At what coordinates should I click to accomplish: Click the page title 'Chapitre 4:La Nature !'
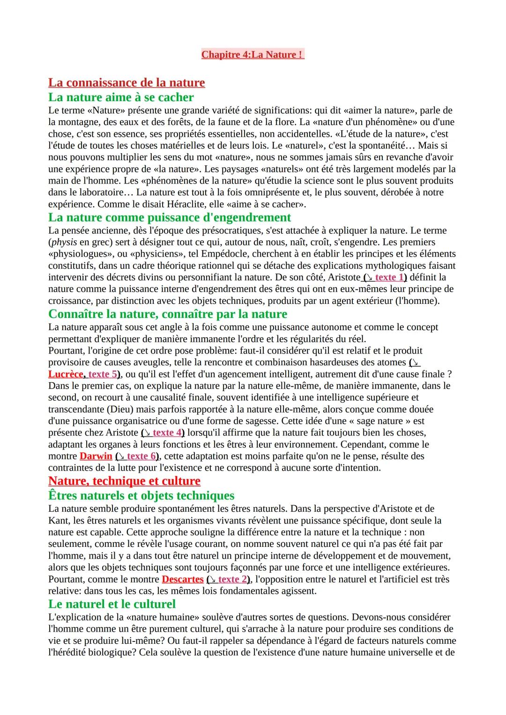click(253, 55)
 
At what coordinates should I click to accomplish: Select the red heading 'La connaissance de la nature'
click(126, 83)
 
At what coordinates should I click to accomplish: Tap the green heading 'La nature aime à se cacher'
click(121, 97)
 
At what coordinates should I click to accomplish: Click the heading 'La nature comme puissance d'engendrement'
click(169, 218)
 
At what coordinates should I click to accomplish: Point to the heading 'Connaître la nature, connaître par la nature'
click(168, 314)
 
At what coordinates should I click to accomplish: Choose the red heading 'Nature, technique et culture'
click(124, 481)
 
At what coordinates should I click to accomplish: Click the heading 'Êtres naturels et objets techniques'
click(141, 496)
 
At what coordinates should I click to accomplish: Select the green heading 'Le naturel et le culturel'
click(112, 604)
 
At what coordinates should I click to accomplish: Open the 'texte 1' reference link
click(389, 277)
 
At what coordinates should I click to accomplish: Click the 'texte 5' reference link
click(102, 374)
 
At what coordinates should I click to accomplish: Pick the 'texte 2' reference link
click(232, 579)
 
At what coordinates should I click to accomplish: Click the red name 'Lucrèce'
click(66, 374)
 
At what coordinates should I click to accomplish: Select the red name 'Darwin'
click(96, 456)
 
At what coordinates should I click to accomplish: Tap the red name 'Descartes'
click(183, 579)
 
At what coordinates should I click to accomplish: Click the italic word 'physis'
click(64, 243)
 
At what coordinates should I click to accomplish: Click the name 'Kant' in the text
click(58, 521)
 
